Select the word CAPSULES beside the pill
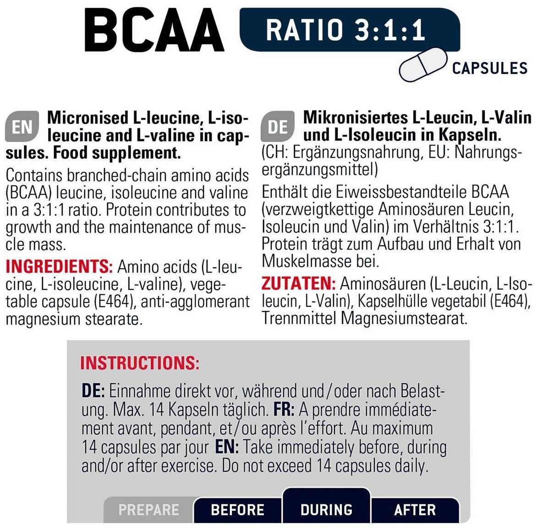pyautogui.click(x=489, y=68)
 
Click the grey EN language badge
pyautogui.click(x=22, y=127)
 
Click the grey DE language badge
pyautogui.click(x=278, y=127)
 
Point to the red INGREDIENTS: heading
pyautogui.click(x=59, y=266)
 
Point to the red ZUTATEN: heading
pyautogui.click(x=298, y=283)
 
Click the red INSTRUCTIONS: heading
pyautogui.click(x=140, y=363)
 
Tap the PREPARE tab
pyautogui.click(x=148, y=510)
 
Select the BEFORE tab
pyautogui.click(x=237, y=510)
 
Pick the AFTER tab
pyautogui.click(x=415, y=510)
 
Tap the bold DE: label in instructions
pyautogui.click(x=93, y=391)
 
